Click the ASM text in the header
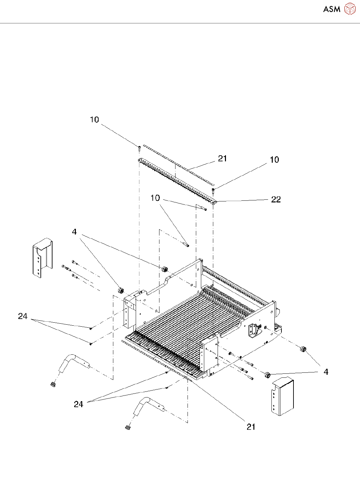[x=332, y=9]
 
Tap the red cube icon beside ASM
[x=350, y=9]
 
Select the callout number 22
[x=276, y=199]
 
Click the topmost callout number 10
[x=95, y=120]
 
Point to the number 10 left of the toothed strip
[x=155, y=198]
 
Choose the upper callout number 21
[x=223, y=159]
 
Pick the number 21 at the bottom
[x=251, y=427]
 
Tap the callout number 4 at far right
[x=326, y=372]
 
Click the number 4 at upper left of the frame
[x=74, y=232]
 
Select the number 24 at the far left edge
[x=23, y=316]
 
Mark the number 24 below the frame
[x=79, y=404]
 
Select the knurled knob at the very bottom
[x=127, y=427]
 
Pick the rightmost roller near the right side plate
[x=304, y=349]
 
